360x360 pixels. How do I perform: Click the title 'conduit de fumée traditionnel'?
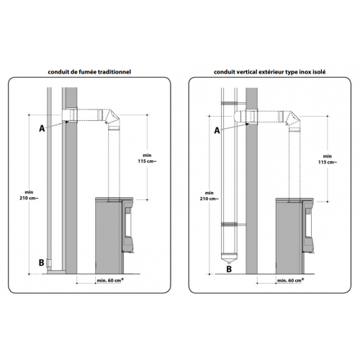click(x=89, y=72)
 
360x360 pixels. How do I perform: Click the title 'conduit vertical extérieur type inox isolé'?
click(x=269, y=72)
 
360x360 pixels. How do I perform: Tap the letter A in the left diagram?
click(x=42, y=129)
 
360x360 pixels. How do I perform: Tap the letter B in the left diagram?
click(x=41, y=263)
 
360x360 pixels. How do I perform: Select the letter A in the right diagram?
click(x=217, y=130)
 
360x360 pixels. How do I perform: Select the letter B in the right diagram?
click(x=229, y=269)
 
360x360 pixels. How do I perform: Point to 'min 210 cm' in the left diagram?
click(x=29, y=195)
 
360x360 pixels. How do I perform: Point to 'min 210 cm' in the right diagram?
click(x=209, y=196)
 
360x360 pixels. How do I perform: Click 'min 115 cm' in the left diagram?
click(x=147, y=158)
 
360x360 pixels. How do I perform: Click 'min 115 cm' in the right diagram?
click(x=328, y=159)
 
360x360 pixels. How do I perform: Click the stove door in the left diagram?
click(x=127, y=225)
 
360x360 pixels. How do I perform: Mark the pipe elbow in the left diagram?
click(x=111, y=118)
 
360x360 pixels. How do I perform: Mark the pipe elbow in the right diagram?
click(x=292, y=119)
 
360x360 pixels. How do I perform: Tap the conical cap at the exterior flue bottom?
click(x=229, y=258)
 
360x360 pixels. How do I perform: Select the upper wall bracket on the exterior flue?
click(x=233, y=104)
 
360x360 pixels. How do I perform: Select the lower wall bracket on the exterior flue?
click(x=233, y=225)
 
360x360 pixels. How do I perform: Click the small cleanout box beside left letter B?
click(x=49, y=264)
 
